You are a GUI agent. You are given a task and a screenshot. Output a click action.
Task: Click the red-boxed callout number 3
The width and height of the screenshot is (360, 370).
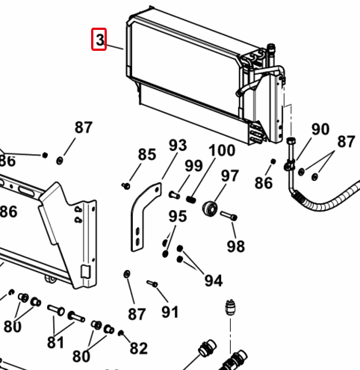100,40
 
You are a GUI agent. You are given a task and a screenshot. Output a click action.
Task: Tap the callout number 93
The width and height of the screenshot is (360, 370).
178,145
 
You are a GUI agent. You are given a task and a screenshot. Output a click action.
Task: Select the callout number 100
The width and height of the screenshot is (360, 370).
222,150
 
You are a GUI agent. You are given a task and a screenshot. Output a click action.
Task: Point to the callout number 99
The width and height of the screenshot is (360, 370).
193,166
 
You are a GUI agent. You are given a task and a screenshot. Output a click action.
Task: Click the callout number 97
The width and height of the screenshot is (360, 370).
230,176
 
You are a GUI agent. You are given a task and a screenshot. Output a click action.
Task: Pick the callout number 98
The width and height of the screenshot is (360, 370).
236,247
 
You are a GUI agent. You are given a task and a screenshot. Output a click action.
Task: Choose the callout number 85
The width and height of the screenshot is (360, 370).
147,154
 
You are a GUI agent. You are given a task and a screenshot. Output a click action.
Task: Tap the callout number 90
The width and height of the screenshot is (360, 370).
320,129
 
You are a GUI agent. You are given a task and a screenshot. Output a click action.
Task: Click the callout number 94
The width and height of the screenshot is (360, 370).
214,281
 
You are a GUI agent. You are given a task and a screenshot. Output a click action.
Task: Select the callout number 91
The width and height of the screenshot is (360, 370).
170,312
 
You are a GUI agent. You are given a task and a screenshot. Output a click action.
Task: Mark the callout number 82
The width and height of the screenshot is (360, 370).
139,348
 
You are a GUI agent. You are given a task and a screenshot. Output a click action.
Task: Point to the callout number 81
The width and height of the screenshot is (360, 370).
55,342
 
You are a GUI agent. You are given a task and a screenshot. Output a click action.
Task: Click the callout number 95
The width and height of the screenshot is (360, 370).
178,216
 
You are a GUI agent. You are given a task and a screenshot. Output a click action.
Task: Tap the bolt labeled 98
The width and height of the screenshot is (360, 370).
229,216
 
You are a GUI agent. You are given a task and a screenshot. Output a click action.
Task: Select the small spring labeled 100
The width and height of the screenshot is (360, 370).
191,200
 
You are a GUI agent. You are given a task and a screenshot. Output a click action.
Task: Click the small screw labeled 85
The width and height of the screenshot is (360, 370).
125,185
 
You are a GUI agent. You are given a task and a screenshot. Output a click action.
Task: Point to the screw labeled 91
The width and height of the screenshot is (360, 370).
152,283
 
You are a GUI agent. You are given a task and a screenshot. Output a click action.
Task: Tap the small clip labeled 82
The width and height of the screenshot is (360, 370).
121,333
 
